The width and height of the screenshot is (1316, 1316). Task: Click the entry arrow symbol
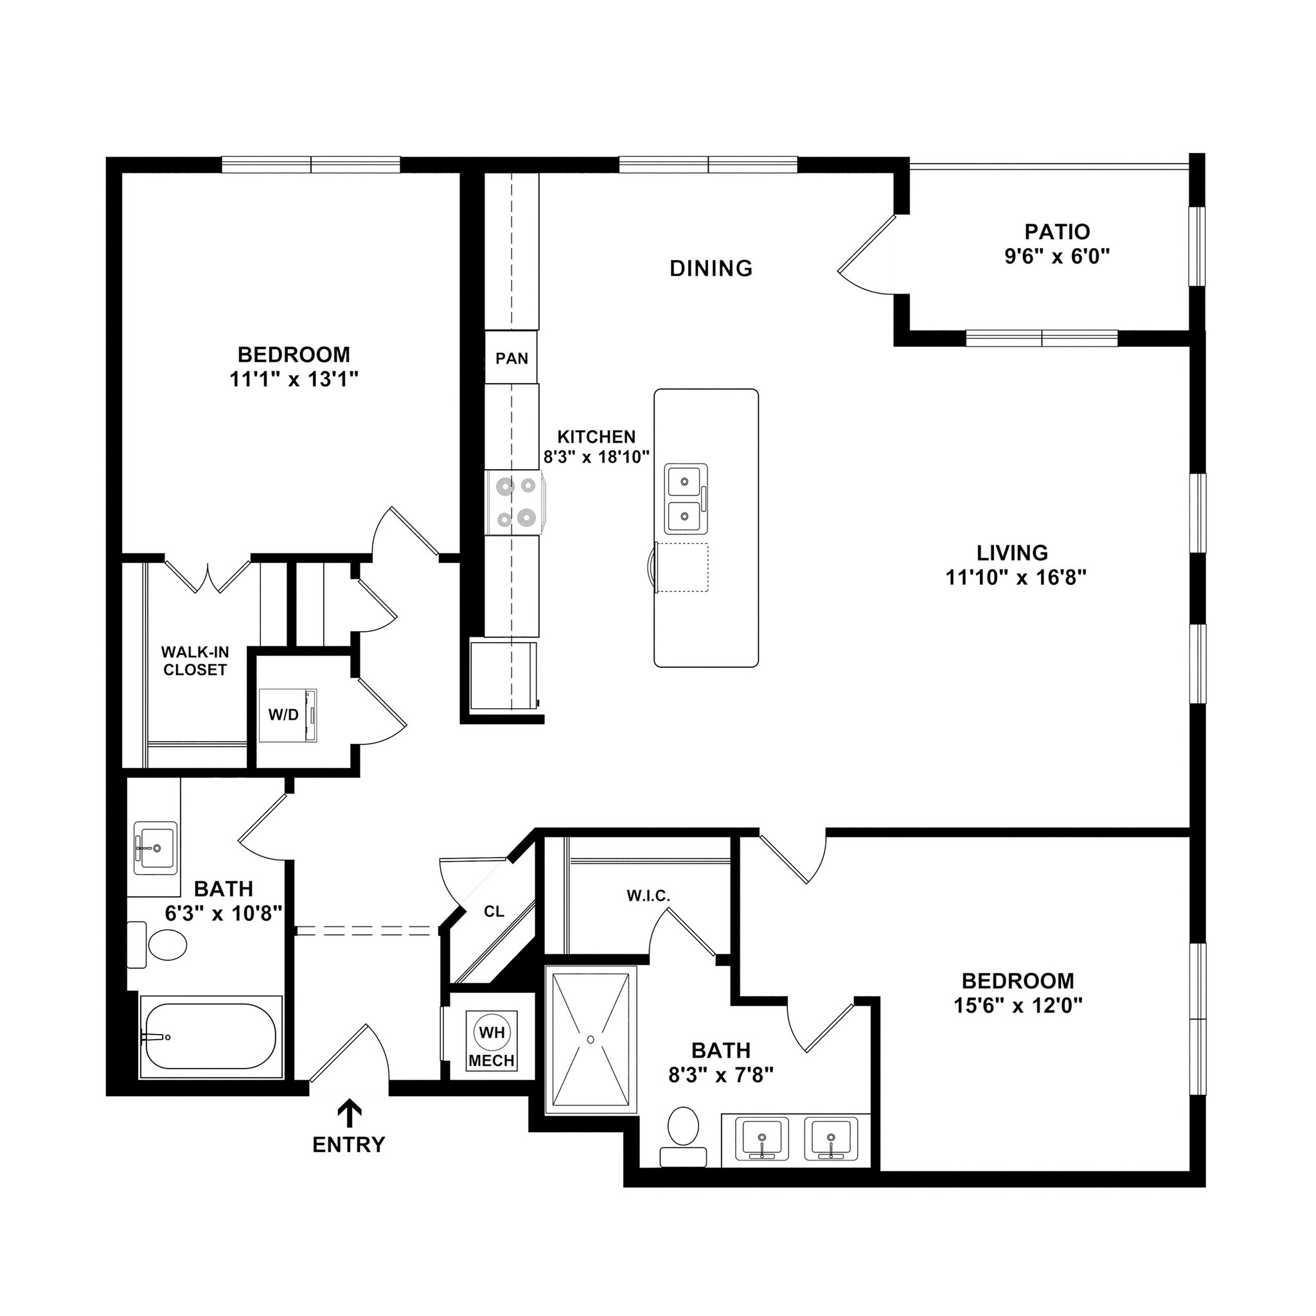350,1115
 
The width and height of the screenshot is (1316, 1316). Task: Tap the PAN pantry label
511,359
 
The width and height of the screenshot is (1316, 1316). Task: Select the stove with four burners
515,502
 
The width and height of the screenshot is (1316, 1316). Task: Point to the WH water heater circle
492,1032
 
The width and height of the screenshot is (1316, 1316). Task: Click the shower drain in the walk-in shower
591,1040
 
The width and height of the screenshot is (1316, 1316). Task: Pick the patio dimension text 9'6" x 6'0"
1057,256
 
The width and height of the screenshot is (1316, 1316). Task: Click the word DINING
711,269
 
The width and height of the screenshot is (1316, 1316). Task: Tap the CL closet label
494,911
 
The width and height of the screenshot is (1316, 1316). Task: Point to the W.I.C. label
648,896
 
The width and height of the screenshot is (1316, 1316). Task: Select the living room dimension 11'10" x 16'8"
1015,578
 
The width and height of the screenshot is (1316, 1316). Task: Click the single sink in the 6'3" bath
156,848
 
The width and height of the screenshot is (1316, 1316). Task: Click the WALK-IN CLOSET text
195,661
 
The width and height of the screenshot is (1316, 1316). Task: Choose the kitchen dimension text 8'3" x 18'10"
597,456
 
